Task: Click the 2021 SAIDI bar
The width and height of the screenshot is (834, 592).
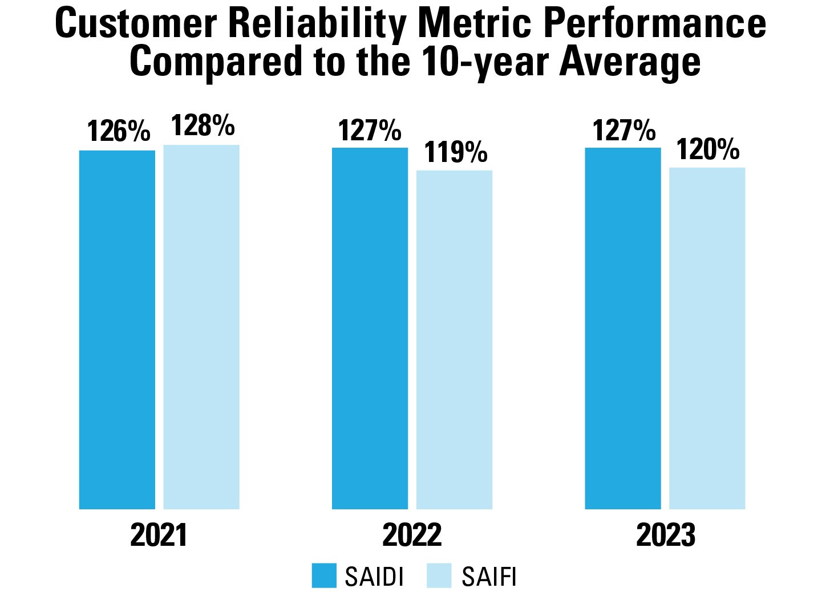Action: click(117, 330)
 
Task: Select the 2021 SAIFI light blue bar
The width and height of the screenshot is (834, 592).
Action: click(201, 327)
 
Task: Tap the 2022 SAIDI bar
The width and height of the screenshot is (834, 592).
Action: click(370, 328)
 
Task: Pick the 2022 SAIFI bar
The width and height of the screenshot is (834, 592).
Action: click(454, 339)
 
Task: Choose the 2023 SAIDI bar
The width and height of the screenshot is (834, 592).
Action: click(622, 328)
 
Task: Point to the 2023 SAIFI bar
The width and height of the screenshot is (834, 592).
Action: click(707, 338)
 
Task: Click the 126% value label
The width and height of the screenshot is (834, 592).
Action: click(119, 132)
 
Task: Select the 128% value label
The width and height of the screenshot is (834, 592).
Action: click(203, 125)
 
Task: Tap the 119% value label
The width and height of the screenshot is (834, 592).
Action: click(456, 152)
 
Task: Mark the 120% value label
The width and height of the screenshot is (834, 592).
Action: click(708, 149)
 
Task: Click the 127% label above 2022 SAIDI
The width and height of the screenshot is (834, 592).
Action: click(370, 131)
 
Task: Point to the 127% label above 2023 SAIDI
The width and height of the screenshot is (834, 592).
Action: click(624, 131)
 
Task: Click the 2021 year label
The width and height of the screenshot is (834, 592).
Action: click(159, 535)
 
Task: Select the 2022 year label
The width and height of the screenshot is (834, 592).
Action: click(412, 535)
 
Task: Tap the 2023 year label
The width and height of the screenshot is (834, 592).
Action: click(666, 535)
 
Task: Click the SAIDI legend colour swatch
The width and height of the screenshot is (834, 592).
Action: click(324, 575)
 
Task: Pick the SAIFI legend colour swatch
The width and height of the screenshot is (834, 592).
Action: click(439, 575)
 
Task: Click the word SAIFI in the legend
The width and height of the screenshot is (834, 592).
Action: click(489, 577)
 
